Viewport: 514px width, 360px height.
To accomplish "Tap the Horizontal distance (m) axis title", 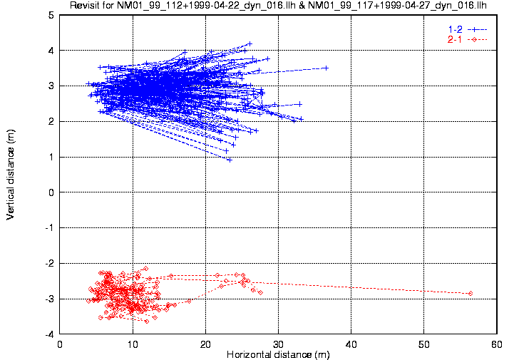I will (x=278, y=354).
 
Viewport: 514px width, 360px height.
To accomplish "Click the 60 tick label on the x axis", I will (x=496, y=344).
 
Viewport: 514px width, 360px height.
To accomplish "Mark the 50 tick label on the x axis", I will (x=423, y=344).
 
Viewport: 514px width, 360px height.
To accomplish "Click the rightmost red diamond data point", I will (x=471, y=293).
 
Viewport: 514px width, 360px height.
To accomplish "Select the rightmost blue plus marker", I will (x=326, y=68).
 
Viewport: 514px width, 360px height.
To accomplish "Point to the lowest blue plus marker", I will (x=230, y=160).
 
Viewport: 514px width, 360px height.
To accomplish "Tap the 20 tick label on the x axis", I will (x=205, y=344).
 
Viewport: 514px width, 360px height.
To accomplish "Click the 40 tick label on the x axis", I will (x=351, y=344).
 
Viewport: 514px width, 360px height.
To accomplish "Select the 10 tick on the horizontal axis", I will (x=133, y=344).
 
